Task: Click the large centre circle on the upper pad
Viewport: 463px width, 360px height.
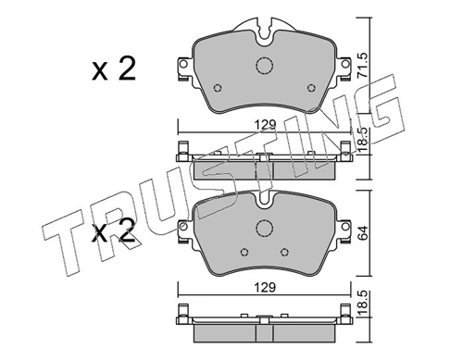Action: [263, 67]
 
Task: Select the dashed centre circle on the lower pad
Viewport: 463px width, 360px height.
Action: [263, 230]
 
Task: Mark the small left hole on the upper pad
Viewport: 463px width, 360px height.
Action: [216, 89]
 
